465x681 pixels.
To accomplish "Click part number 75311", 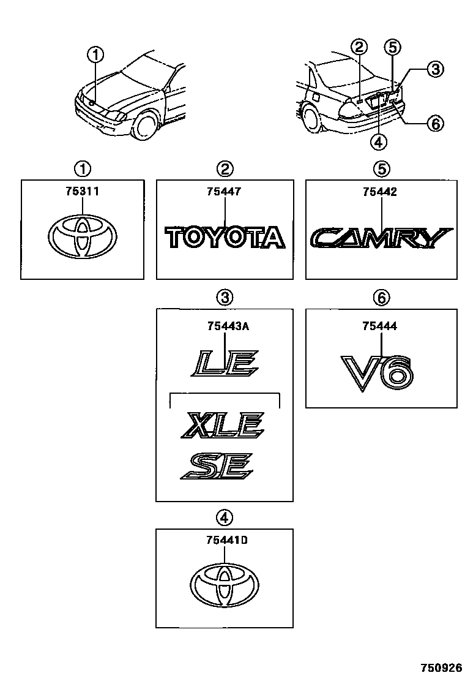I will tap(82, 192).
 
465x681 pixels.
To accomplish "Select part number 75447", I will tap(225, 192).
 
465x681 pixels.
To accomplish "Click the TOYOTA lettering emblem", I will tap(225, 238).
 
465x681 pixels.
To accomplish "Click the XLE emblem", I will tap(223, 425).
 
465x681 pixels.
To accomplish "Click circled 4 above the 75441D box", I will tap(225, 517).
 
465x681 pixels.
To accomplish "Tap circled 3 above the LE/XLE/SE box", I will tap(225, 298).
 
